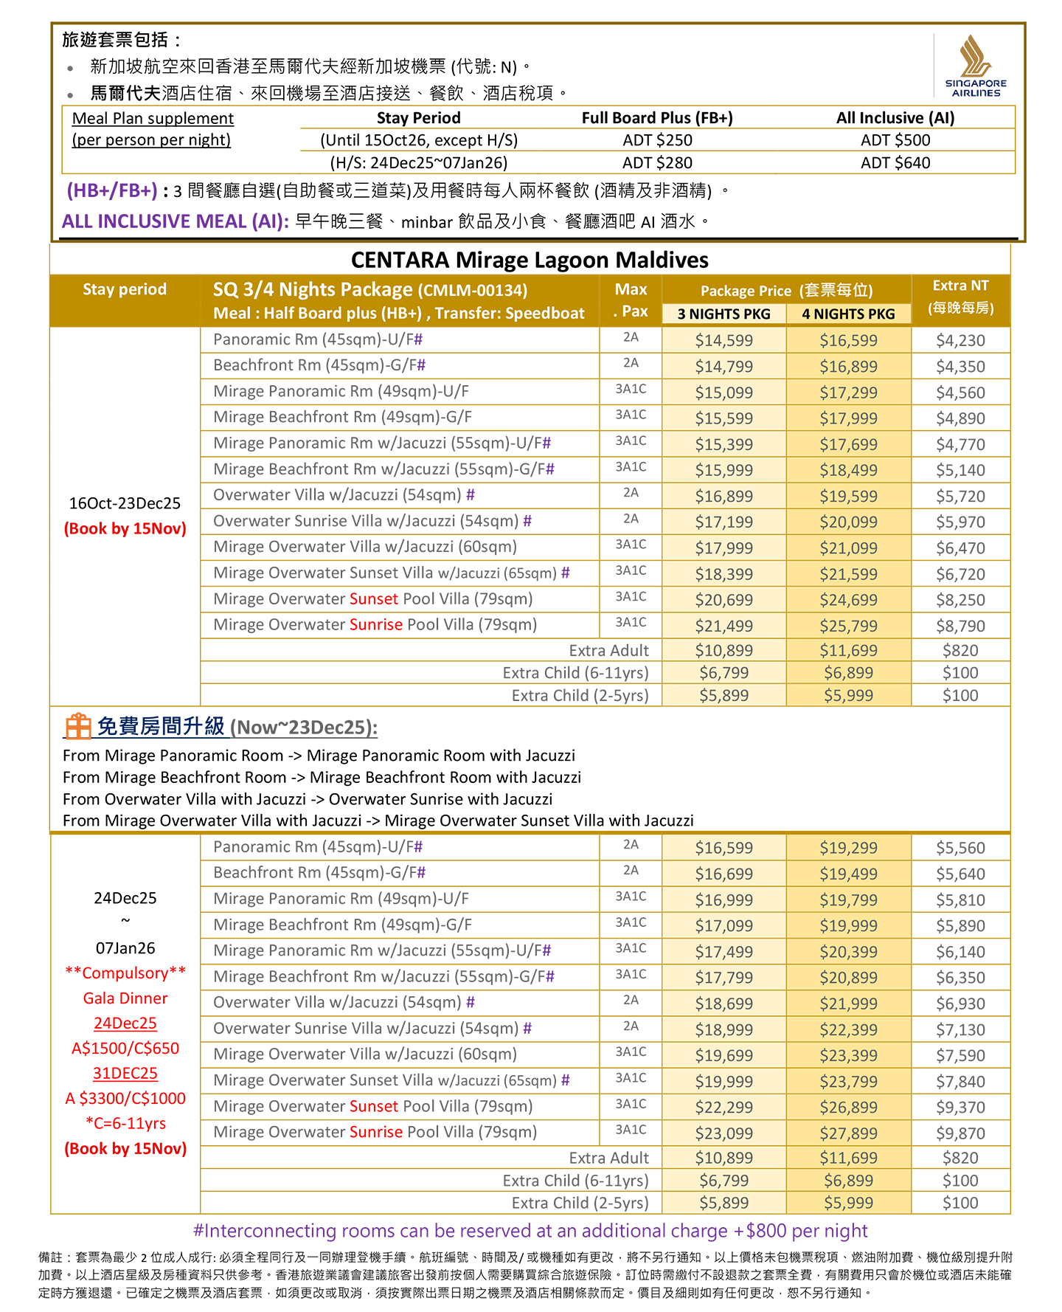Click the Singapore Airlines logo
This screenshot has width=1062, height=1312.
point(975,66)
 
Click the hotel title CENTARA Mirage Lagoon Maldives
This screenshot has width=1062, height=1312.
point(530,260)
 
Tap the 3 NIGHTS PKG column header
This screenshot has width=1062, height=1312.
point(723,314)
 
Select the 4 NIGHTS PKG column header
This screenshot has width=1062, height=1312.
point(848,314)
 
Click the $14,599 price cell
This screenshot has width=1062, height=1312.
point(723,340)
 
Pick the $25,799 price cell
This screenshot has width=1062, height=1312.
point(848,626)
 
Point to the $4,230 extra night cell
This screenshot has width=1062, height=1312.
point(960,340)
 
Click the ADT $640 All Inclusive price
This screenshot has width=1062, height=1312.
point(895,163)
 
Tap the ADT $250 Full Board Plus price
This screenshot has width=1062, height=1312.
point(657,140)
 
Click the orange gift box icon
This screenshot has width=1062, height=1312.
point(77,726)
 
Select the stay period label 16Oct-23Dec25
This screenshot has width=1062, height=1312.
point(125,503)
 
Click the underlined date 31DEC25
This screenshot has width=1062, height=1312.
point(125,1073)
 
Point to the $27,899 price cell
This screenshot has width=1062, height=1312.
point(848,1133)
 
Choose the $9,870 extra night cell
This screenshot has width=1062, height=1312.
point(960,1133)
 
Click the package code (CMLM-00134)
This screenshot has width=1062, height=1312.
point(473,291)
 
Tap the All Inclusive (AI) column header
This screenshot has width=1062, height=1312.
point(895,118)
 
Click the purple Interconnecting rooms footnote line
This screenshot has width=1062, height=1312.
point(530,1231)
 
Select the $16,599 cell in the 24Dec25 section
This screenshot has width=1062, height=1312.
point(723,848)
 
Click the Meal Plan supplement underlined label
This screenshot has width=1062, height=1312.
point(153,118)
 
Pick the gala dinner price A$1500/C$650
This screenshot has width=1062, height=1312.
point(125,1048)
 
